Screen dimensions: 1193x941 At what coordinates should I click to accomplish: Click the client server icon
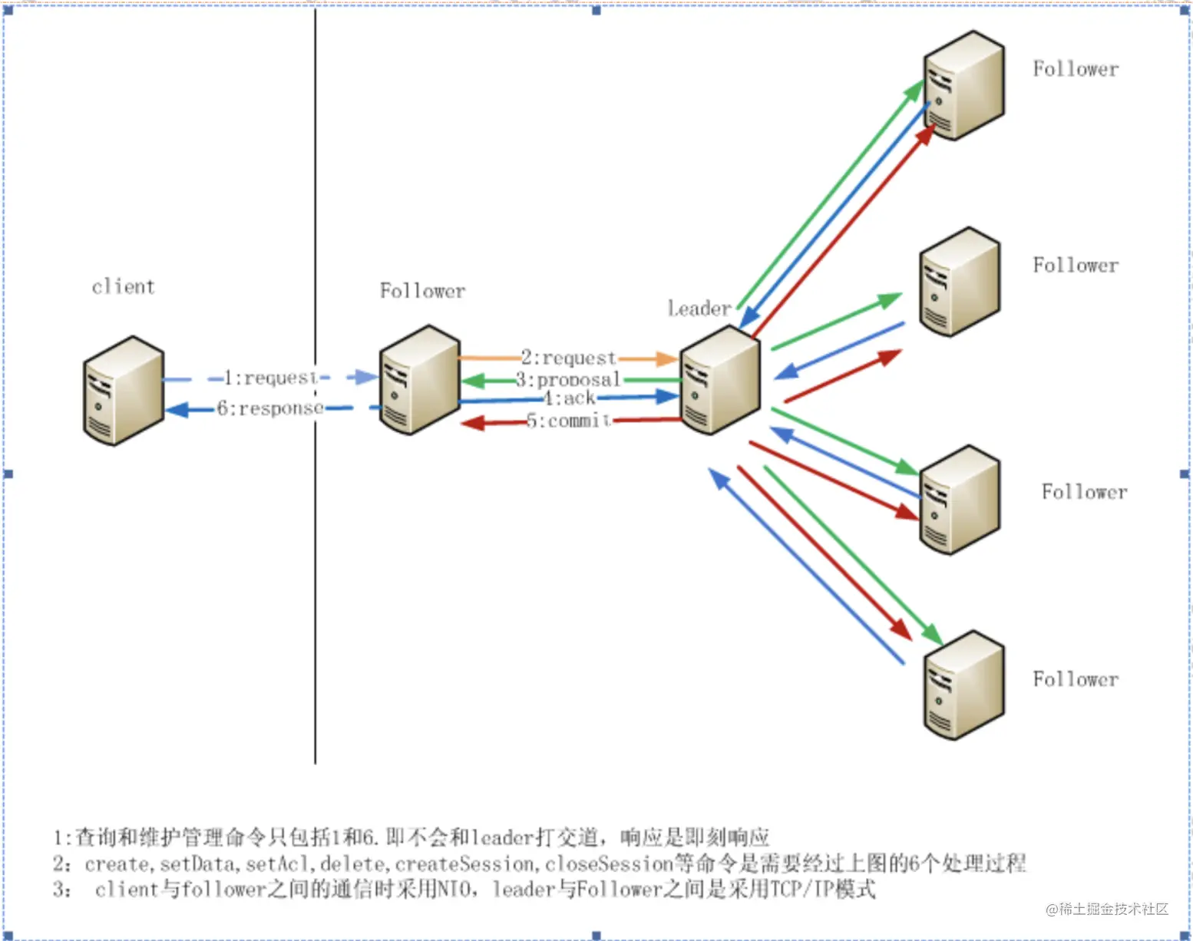[x=123, y=390]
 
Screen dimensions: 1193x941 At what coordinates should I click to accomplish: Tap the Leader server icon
[x=720, y=380]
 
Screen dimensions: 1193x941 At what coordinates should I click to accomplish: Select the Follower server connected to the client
[x=420, y=380]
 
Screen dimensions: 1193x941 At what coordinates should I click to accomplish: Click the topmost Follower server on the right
[x=964, y=85]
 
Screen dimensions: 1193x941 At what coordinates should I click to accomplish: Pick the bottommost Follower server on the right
[x=964, y=685]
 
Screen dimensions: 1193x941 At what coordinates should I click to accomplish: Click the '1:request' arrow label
[x=270, y=378]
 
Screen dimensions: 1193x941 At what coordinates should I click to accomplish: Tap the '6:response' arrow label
[x=270, y=408]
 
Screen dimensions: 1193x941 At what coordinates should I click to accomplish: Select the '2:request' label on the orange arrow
[x=569, y=358]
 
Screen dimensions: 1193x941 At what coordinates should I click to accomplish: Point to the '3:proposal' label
[x=568, y=380]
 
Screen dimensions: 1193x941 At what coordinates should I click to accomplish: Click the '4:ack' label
[x=569, y=398]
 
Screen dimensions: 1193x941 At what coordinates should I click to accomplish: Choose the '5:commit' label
[x=569, y=421]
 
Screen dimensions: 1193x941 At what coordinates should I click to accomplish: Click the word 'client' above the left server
[x=123, y=286]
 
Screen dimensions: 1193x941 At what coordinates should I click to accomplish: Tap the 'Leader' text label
[x=699, y=308]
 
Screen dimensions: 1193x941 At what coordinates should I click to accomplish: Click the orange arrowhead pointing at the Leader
[x=667, y=358]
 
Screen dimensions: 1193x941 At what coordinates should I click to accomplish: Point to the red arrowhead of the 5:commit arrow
[x=473, y=424]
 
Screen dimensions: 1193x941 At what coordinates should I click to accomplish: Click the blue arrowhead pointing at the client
[x=177, y=410]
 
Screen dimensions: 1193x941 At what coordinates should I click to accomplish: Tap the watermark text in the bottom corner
[x=1107, y=909]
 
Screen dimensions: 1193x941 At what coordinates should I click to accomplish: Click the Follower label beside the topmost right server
[x=1076, y=69]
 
